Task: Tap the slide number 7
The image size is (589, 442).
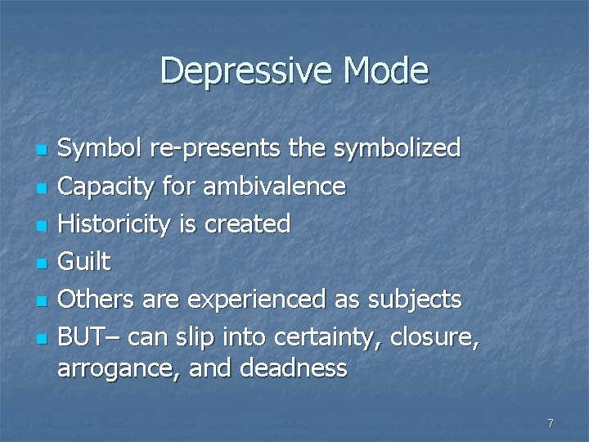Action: (x=551, y=423)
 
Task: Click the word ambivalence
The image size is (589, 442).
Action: (x=274, y=187)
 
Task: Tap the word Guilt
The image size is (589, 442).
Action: (x=83, y=262)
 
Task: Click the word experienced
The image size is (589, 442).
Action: (x=256, y=300)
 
